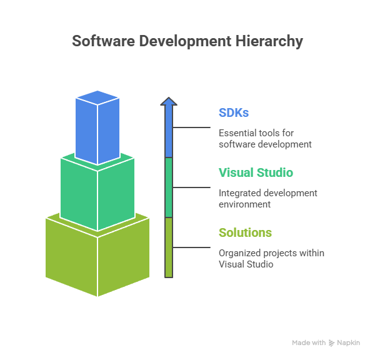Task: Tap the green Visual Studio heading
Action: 256,172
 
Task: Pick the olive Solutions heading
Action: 245,232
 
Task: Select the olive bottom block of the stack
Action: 97,256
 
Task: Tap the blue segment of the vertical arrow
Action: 169,131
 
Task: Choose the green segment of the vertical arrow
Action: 169,187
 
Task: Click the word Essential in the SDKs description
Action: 236,132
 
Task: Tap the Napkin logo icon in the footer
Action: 331,343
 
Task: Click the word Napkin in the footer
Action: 349,343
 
